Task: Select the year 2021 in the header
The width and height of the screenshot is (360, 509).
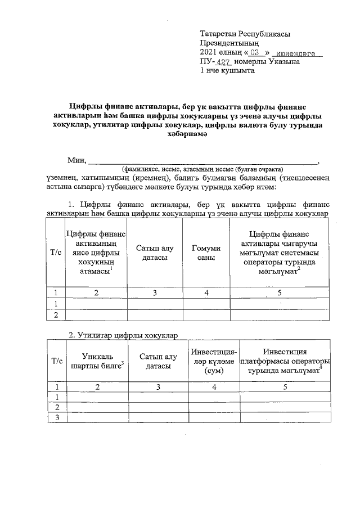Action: (x=209, y=53)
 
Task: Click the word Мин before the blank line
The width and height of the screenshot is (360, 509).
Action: (x=76, y=160)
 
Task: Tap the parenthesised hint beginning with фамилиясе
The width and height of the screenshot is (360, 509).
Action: (x=202, y=169)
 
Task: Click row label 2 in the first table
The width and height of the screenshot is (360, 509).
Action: (x=56, y=315)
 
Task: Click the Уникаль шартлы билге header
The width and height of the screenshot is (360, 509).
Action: (x=97, y=361)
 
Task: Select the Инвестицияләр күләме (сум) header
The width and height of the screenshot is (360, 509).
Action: (x=213, y=362)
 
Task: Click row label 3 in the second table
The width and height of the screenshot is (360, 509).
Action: (x=56, y=417)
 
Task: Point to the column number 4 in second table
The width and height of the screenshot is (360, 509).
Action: (x=213, y=387)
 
